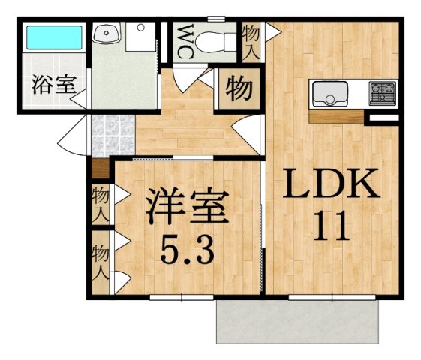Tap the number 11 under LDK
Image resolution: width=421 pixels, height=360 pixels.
point(330,226)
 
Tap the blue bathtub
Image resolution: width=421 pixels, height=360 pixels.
point(53,37)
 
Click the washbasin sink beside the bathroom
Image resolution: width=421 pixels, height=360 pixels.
point(106,34)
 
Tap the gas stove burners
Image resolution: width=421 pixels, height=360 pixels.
point(382,94)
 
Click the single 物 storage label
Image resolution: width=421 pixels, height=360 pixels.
point(239,89)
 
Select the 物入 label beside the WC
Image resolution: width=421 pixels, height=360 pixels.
point(251,40)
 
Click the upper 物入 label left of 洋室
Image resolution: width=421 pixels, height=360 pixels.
point(100,203)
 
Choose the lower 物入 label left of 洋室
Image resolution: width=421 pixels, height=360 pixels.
point(100,259)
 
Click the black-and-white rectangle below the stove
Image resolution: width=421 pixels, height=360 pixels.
point(381,116)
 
